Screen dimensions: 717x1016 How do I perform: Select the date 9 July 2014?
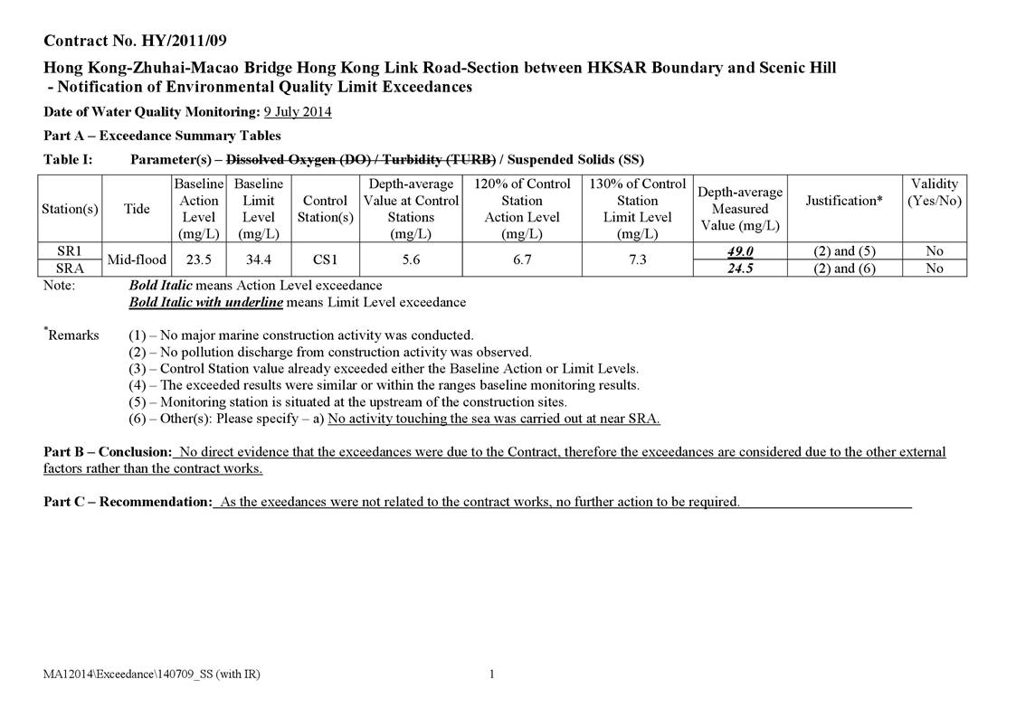tap(298, 112)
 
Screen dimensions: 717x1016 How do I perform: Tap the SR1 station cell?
tap(70, 250)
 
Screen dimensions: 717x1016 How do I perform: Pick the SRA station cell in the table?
tap(70, 268)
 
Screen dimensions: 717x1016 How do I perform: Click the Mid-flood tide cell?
tap(137, 259)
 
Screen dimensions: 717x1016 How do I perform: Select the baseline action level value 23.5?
tap(198, 259)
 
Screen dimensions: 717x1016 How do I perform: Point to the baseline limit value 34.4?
tap(259, 259)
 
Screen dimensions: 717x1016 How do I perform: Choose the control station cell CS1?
tap(325, 259)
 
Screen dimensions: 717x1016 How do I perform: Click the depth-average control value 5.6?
tap(411, 259)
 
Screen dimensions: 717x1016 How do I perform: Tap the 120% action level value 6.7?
tap(522, 259)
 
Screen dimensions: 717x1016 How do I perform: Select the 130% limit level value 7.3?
tap(637, 259)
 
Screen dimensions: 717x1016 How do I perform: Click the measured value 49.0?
tap(740, 251)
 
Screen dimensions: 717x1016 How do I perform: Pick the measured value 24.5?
tap(740, 269)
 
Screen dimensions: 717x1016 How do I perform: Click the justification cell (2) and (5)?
tap(844, 251)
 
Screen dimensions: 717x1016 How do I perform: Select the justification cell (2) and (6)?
tap(844, 269)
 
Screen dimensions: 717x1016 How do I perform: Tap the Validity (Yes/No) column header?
tap(935, 192)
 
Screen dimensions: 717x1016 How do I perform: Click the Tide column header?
tap(137, 209)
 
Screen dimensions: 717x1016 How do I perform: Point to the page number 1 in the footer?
tap(491, 674)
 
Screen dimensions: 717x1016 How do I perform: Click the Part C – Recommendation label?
tap(128, 502)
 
